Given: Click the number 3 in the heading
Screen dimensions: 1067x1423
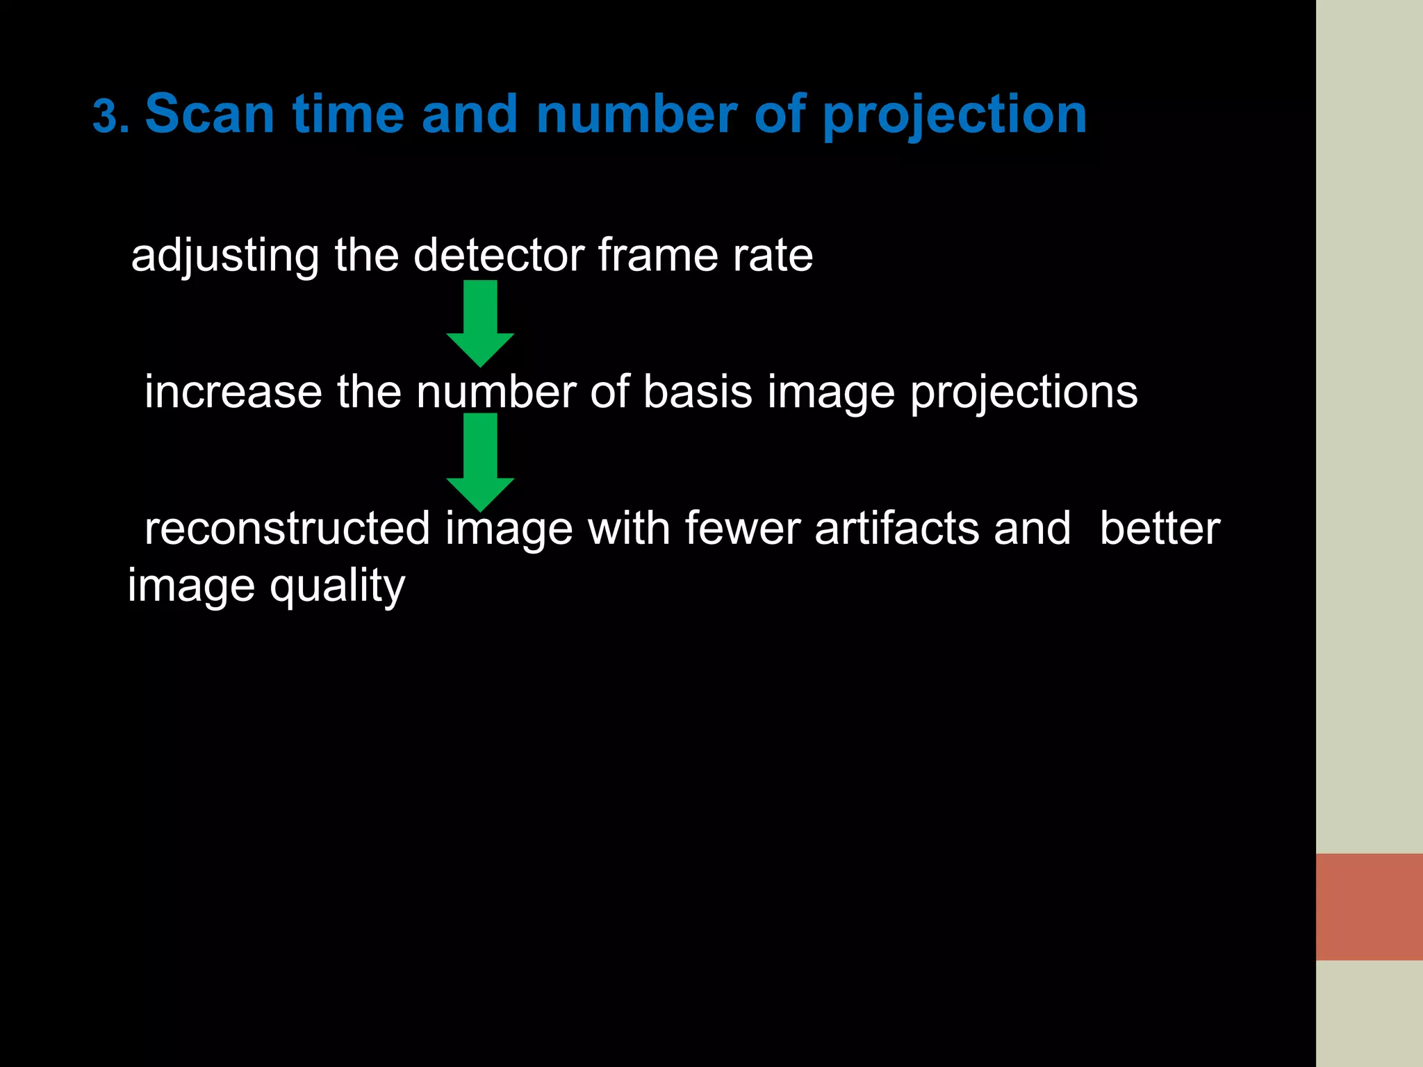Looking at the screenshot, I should [x=105, y=116].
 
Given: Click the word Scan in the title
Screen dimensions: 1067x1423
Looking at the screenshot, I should [x=209, y=114].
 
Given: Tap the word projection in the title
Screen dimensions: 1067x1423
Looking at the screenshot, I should [x=954, y=115].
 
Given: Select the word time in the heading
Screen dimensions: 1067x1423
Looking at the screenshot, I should [x=348, y=114].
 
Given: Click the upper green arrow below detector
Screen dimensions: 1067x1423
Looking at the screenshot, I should [x=480, y=323].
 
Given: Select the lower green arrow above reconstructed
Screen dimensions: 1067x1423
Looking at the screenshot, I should [x=480, y=462].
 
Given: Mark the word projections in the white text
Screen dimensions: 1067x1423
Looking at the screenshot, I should [x=1023, y=393].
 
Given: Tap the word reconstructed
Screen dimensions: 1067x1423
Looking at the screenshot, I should [x=287, y=529].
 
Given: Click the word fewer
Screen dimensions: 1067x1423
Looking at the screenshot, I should [x=743, y=529].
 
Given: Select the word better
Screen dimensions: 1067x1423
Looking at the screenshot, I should [x=1160, y=529].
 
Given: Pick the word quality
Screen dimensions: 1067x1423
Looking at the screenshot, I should [x=337, y=587].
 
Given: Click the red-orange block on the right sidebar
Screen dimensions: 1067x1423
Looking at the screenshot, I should [x=1369, y=907].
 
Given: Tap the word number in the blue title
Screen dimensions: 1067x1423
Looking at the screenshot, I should [x=636, y=114].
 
